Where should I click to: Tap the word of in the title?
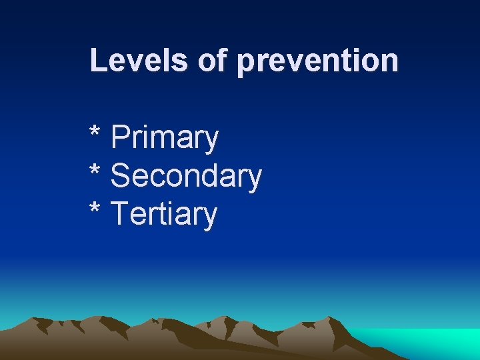coord(213,60)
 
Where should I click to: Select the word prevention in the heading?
coord(317,61)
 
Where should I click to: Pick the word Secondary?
coord(186,176)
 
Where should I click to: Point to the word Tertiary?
coord(164,215)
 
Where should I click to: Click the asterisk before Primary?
coord(95,131)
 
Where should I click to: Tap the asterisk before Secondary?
coord(95,169)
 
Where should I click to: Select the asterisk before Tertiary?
coord(95,208)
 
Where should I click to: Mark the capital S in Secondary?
coord(121,176)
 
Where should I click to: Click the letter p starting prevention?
coord(245,63)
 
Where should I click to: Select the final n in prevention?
coord(391,61)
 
